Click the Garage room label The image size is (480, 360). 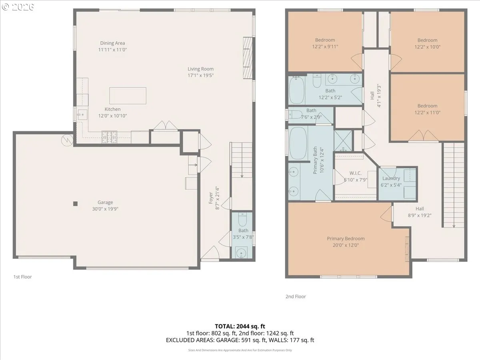click(105, 202)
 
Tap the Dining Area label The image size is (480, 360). click(112, 43)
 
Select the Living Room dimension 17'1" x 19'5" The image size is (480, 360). click(200, 76)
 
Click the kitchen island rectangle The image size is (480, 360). click(128, 96)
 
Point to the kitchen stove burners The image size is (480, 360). click(109, 137)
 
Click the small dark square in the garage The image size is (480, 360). click(75, 204)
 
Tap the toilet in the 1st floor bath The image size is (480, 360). click(242, 219)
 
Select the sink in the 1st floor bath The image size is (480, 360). click(242, 253)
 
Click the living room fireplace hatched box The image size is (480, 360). click(248, 58)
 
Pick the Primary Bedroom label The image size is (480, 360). click(346, 238)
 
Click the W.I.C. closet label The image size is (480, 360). click(355, 173)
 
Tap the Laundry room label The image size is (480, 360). click(391, 178)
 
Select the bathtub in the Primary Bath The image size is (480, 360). click(298, 143)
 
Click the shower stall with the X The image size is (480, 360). click(343, 140)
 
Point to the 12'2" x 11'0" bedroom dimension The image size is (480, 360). click(428, 112)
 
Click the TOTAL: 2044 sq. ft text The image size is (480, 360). click(240, 326)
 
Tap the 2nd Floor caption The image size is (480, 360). click(296, 296)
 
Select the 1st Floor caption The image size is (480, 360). click(22, 277)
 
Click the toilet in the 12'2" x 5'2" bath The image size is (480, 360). click(317, 81)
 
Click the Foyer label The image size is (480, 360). click(211, 198)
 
